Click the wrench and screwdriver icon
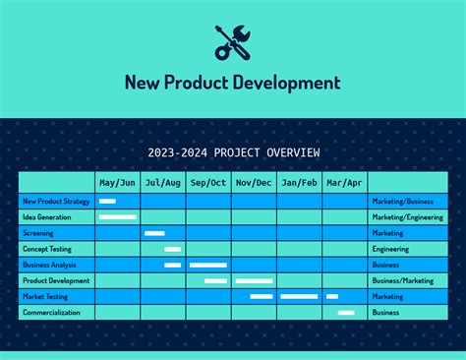233,41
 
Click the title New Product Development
233,83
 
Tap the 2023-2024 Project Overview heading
233,152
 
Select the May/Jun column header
117,183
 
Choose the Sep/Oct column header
208,183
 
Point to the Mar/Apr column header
344,183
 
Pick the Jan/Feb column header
299,183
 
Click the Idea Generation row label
47,217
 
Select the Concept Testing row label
47,249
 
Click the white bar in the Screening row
154,233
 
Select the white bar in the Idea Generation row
118,217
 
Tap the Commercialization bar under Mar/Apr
346,312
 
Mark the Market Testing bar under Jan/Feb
299,296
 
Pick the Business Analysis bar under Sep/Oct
208,265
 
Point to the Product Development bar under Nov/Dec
254,280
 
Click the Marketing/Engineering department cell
407,217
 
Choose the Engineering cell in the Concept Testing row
390,249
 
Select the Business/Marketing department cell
402,280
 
